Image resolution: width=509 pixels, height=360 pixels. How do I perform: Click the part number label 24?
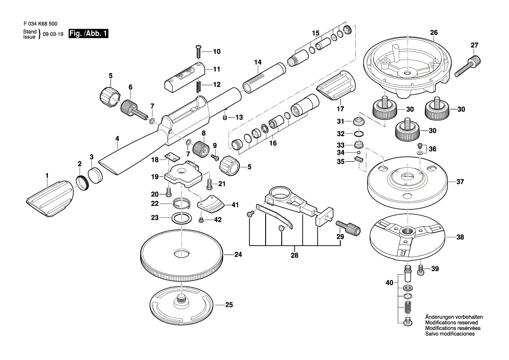[238, 255]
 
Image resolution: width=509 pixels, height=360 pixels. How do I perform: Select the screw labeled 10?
[199, 52]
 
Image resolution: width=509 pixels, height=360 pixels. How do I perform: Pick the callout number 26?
[434, 33]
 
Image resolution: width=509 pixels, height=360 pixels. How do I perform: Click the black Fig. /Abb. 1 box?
[88, 34]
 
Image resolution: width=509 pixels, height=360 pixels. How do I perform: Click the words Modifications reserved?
[452, 323]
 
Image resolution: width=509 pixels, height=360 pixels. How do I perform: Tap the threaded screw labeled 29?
[349, 228]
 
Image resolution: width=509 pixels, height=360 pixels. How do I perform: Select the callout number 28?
[294, 255]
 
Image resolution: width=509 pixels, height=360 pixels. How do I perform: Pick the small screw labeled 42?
[201, 220]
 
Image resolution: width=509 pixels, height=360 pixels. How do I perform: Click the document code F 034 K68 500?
[40, 24]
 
